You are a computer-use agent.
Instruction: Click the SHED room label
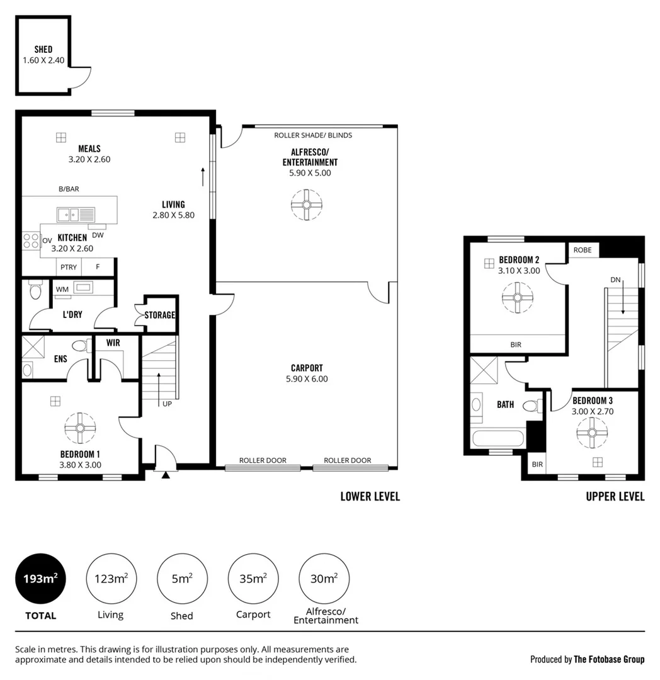[x=43, y=50]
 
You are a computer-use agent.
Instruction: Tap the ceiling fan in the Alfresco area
[x=307, y=205]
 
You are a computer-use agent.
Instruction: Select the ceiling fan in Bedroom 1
[x=80, y=428]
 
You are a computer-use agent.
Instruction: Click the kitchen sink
[x=75, y=215]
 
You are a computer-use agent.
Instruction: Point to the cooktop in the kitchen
[x=31, y=241]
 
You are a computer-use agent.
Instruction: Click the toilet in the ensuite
[x=80, y=346]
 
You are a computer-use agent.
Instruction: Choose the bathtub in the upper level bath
[x=498, y=439]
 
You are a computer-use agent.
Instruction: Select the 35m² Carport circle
[x=253, y=579]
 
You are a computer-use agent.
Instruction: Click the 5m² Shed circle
[x=182, y=579]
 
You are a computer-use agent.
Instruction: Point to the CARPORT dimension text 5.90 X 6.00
[x=307, y=379]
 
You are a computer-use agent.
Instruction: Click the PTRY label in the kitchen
[x=69, y=267]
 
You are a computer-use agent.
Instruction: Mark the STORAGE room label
[x=160, y=315]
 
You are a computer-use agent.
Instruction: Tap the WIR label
[x=113, y=343]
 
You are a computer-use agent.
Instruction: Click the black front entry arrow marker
[x=166, y=475]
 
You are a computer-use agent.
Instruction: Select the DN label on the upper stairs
[x=615, y=280]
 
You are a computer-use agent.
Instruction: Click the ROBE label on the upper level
[x=582, y=249]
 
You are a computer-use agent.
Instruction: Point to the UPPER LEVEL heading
[x=615, y=496]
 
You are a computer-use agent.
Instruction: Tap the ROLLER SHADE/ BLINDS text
[x=313, y=135]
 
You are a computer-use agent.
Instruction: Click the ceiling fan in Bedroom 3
[x=591, y=433]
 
